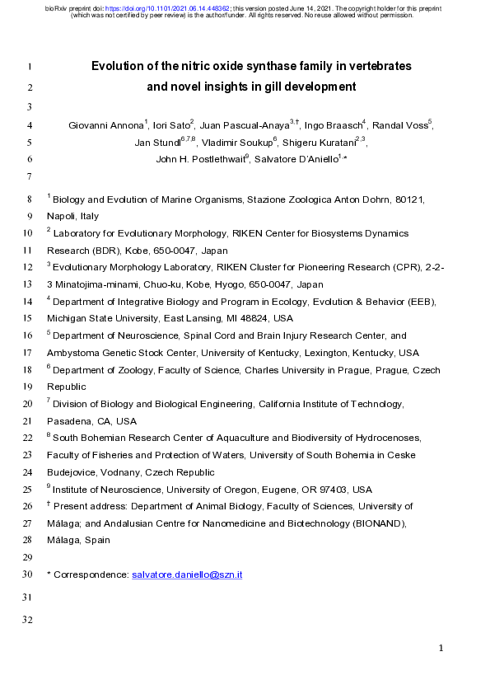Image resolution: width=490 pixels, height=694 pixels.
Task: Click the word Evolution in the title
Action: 119,65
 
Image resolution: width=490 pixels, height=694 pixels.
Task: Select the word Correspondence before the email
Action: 91,574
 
